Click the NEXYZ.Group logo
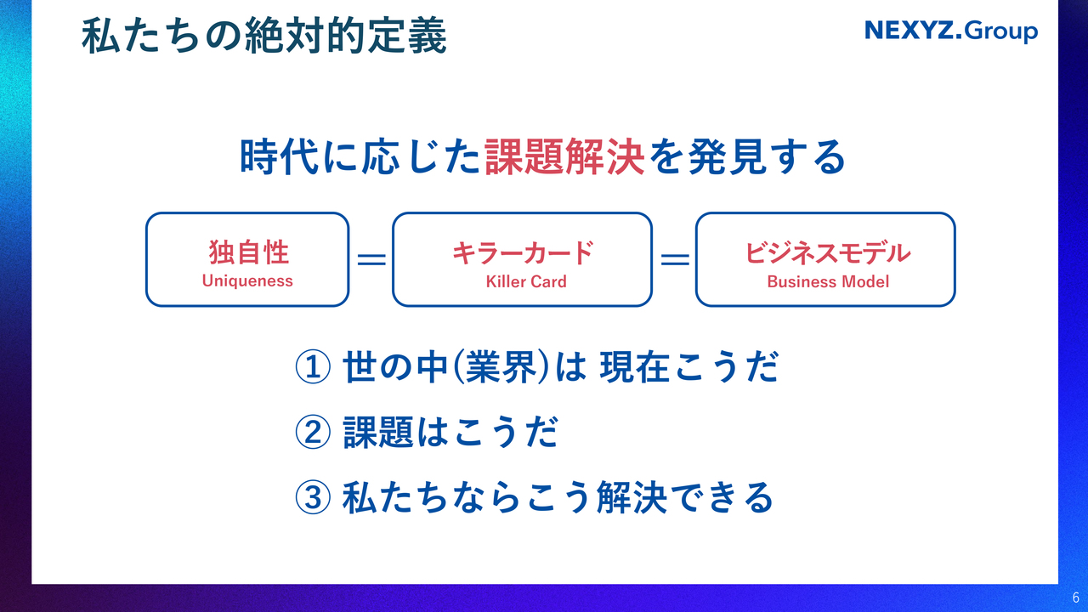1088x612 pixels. coord(951,31)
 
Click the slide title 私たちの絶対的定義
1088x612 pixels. coord(264,36)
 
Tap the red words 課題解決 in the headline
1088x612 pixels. coord(565,156)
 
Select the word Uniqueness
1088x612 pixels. coord(247,280)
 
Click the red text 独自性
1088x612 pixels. coord(249,252)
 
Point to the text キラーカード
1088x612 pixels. coord(523,252)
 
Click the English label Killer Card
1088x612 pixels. coord(526,281)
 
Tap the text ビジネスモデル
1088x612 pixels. coord(828,252)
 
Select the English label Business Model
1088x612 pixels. coord(828,281)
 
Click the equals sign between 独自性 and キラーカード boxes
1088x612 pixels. coord(371,259)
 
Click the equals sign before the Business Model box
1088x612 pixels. coord(675,259)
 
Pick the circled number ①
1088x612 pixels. coord(313,366)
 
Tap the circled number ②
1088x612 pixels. coord(313,432)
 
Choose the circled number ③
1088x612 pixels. coord(313,497)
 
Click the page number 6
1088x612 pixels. coord(1076,598)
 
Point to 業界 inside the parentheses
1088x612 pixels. coord(501,366)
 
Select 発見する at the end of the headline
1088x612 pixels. coord(768,156)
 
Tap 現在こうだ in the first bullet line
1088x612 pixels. coord(689,366)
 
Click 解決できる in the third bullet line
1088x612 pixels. coord(685,497)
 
